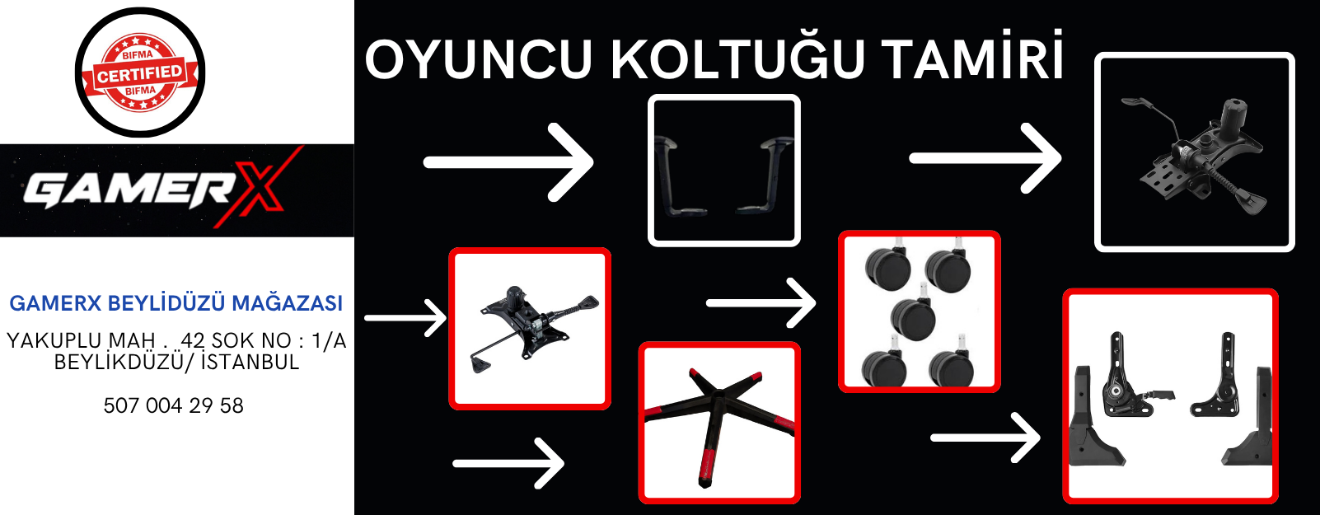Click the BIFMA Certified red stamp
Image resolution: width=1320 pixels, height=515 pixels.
click(139, 73)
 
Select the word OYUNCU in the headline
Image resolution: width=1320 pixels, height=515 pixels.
click(478, 59)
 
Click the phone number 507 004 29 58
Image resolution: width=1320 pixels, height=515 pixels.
click(173, 405)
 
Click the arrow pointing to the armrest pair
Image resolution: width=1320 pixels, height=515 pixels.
click(508, 162)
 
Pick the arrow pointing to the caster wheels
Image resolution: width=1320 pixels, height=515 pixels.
click(761, 303)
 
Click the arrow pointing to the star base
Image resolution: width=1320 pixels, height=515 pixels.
click(508, 463)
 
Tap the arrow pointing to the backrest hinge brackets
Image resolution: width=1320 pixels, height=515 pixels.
click(985, 438)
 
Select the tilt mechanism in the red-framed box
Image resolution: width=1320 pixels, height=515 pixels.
click(531, 328)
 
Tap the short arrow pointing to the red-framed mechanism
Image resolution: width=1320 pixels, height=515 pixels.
click(405, 318)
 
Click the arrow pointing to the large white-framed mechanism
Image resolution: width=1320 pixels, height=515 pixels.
click(985, 158)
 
